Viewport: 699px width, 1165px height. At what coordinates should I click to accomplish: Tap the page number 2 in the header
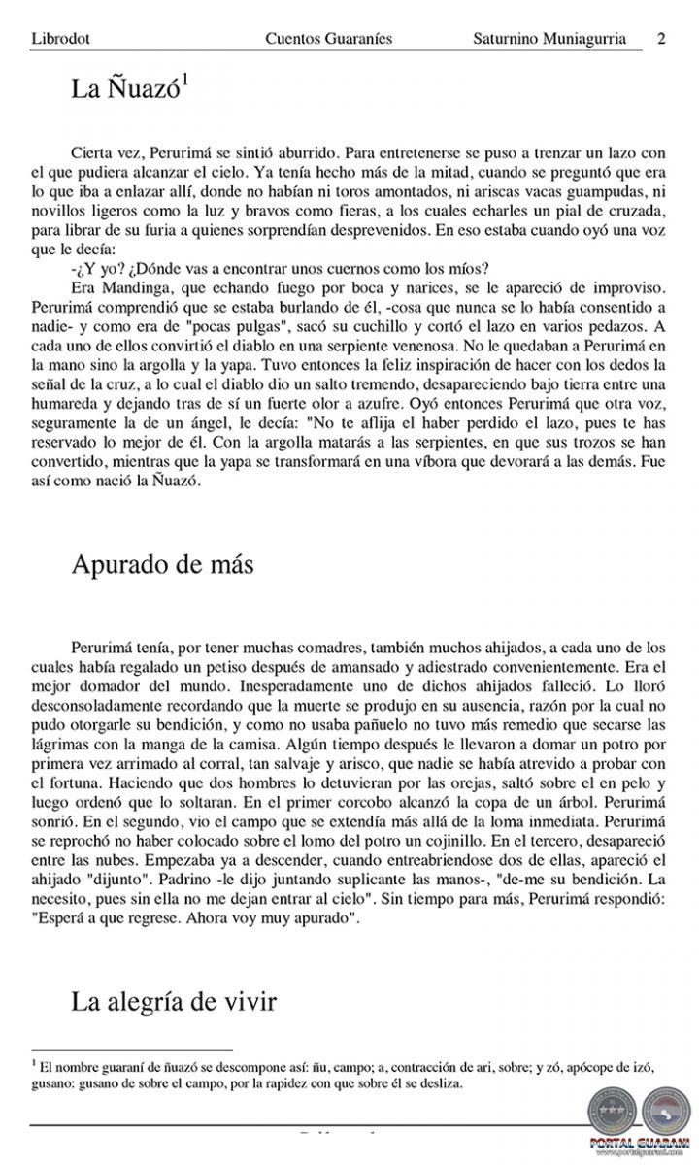pos(661,39)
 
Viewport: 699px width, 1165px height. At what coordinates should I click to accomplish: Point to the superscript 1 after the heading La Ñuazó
pos(184,83)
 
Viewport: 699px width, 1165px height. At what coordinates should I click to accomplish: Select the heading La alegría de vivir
pos(174,1000)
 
